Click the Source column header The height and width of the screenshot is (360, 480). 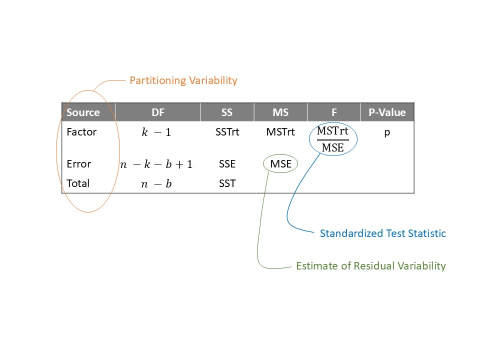pyautogui.click(x=83, y=112)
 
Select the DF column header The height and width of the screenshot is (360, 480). pyautogui.click(x=158, y=112)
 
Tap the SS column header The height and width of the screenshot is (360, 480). pyautogui.click(x=227, y=112)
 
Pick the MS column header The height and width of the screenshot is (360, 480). pyautogui.click(x=280, y=112)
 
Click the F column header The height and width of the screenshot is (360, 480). pyautogui.click(x=333, y=112)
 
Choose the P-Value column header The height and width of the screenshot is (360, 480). pyautogui.click(x=387, y=112)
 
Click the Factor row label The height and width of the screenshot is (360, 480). pyautogui.click(x=81, y=133)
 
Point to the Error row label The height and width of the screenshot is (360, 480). pyautogui.click(x=79, y=164)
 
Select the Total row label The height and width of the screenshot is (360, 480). pyautogui.click(x=78, y=183)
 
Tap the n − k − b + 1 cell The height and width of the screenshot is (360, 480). pyautogui.click(x=156, y=164)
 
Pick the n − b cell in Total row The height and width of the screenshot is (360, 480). pyautogui.click(x=156, y=184)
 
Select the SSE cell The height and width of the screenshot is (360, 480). pyautogui.click(x=227, y=164)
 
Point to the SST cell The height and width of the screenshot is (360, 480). pyautogui.click(x=227, y=183)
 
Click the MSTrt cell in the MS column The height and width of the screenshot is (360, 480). pyautogui.click(x=280, y=133)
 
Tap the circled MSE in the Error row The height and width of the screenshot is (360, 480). pyautogui.click(x=280, y=164)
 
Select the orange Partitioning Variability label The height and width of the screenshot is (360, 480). pyautogui.click(x=183, y=80)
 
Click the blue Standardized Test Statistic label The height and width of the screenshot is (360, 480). pyautogui.click(x=382, y=233)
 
